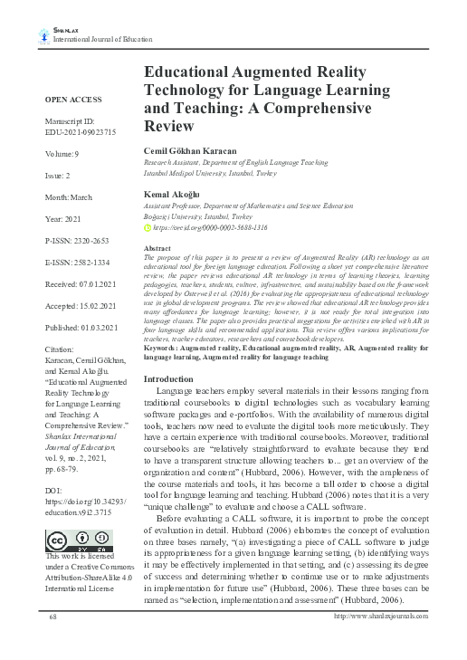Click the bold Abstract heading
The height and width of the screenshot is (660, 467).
157,247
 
